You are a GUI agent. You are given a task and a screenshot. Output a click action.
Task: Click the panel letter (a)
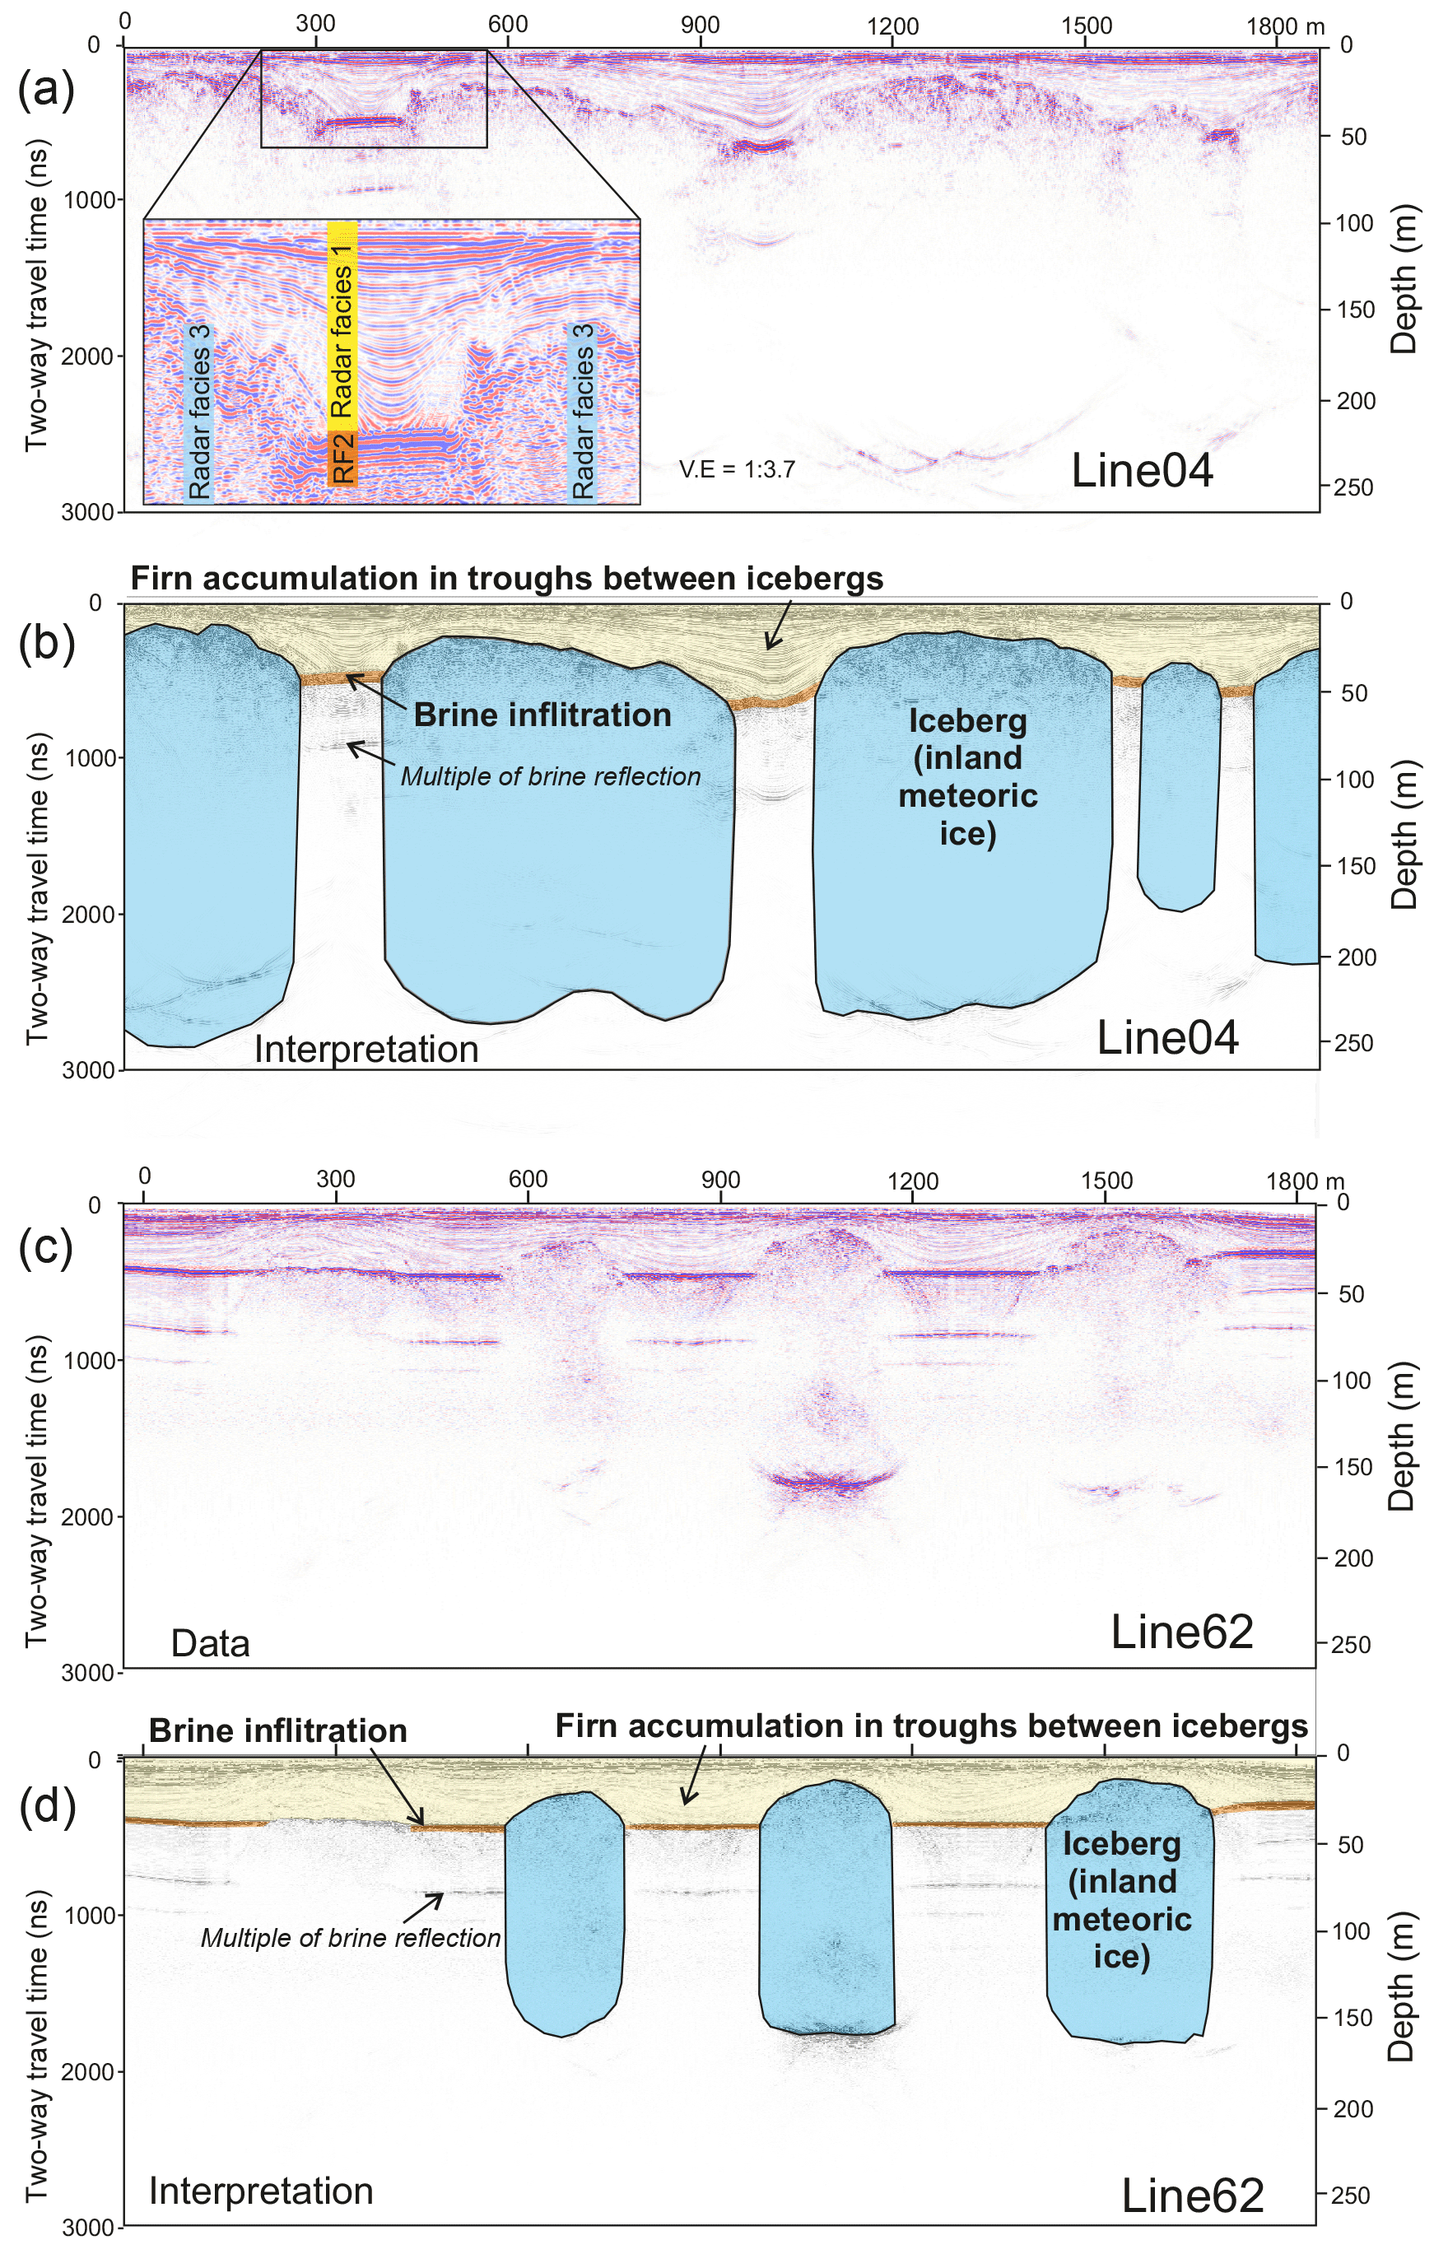(46, 91)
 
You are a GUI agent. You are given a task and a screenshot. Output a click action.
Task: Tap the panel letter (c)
(46, 1250)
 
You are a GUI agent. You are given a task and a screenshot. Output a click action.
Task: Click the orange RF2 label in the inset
(342, 458)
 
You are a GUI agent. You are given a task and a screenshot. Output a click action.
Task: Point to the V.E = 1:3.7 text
(737, 469)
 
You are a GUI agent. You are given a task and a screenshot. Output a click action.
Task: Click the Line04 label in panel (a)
(1141, 470)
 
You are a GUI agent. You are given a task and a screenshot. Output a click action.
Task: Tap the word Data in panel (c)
(210, 1644)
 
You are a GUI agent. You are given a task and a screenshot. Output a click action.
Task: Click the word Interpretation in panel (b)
(366, 1050)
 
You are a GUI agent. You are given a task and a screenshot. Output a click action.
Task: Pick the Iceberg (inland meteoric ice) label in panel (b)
(968, 777)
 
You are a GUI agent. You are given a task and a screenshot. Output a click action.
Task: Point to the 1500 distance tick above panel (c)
(1106, 1180)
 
